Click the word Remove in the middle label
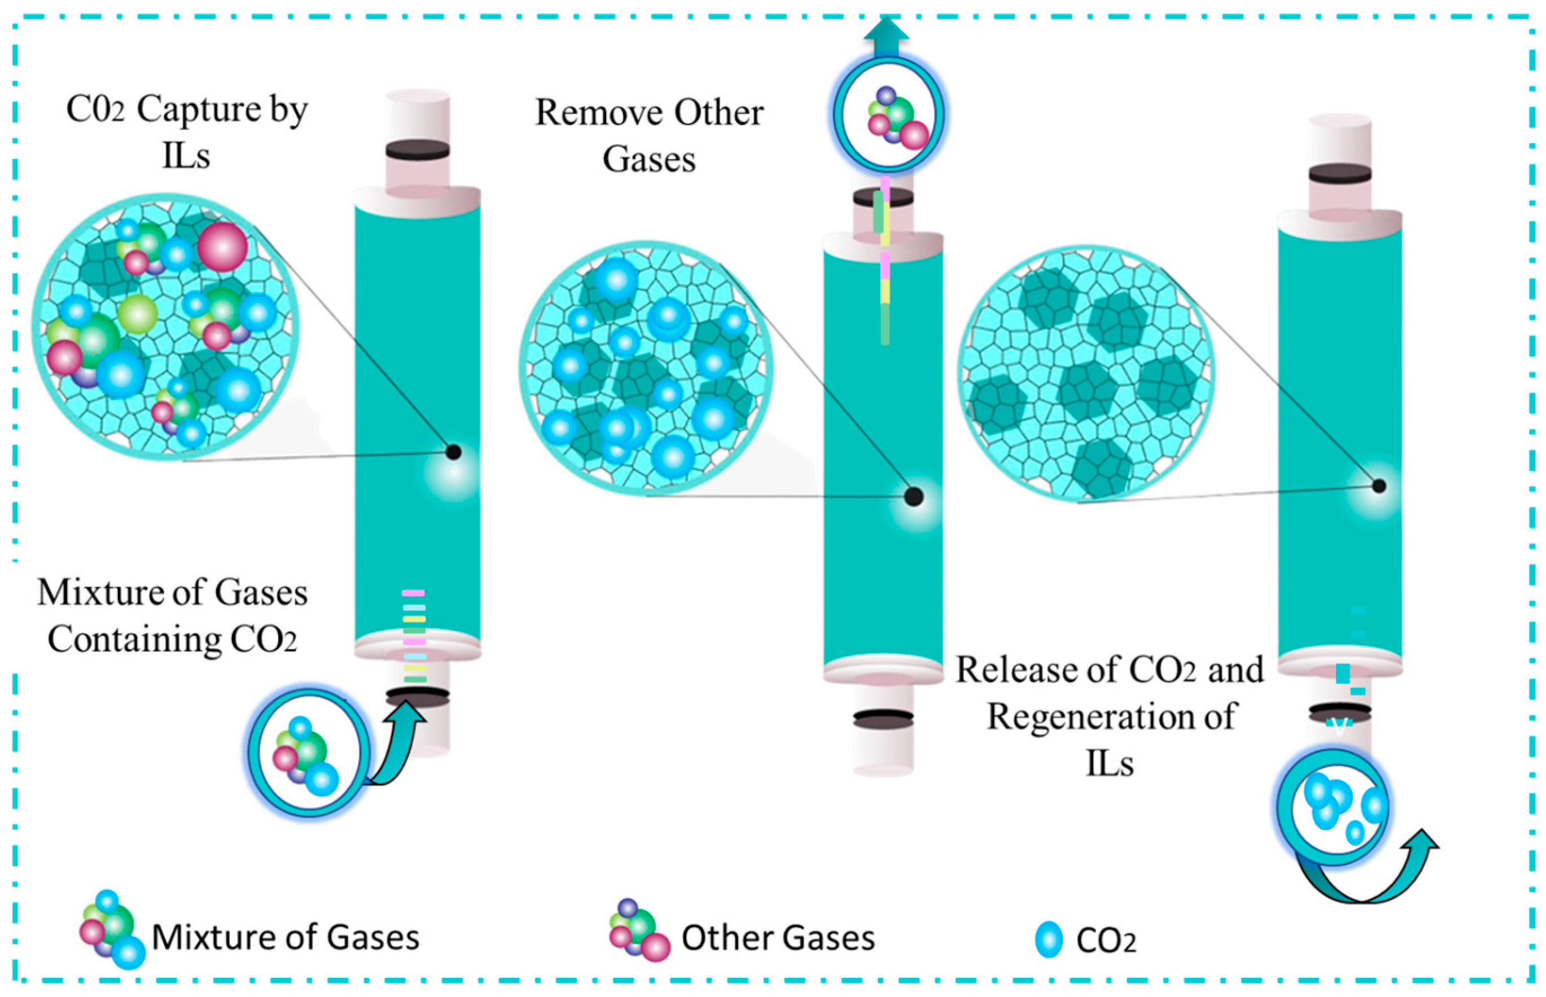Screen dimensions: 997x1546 coord(599,113)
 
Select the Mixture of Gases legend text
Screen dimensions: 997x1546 coord(285,937)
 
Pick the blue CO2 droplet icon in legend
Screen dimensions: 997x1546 coord(1048,939)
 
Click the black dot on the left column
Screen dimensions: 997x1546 coord(454,452)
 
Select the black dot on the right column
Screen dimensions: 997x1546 coord(1379,486)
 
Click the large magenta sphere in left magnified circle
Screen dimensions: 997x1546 coord(222,246)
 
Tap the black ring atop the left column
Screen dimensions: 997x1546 coord(417,150)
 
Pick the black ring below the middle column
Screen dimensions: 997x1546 coord(884,718)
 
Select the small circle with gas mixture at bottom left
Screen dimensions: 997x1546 coord(308,753)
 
